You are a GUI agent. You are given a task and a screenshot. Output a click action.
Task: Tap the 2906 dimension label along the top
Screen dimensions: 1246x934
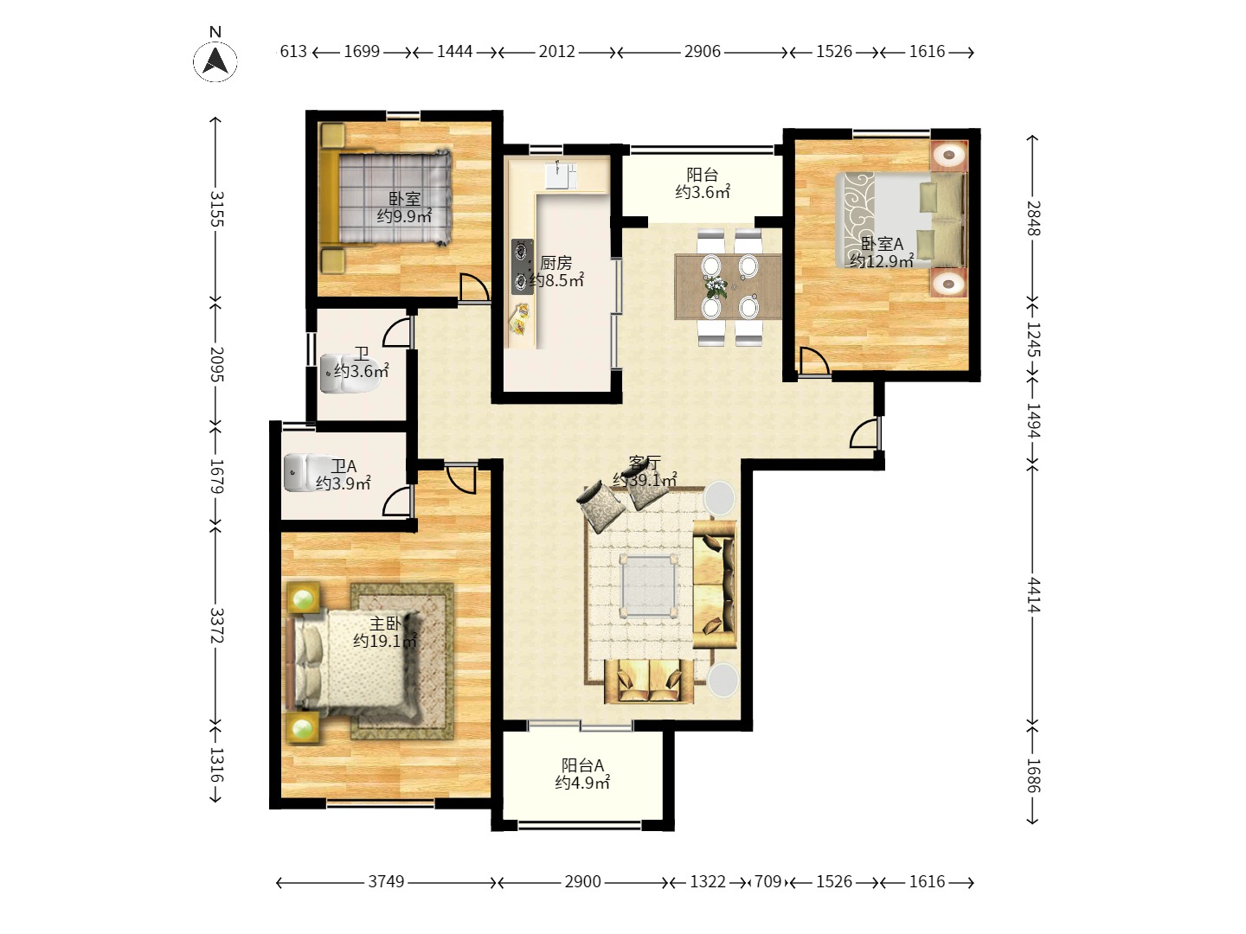click(x=703, y=52)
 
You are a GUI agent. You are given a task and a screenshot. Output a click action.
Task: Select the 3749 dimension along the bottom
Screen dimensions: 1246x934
click(x=386, y=882)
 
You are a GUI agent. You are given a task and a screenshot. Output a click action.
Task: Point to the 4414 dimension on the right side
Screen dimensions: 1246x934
click(x=1034, y=595)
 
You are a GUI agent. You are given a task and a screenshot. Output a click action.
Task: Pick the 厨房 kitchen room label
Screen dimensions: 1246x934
click(x=556, y=263)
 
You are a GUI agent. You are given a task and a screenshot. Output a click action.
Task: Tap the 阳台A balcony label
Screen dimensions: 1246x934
click(x=582, y=765)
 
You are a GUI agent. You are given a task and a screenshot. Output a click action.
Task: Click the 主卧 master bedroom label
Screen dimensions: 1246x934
click(x=385, y=624)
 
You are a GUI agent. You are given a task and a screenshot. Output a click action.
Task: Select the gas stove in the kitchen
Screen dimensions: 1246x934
click(x=523, y=266)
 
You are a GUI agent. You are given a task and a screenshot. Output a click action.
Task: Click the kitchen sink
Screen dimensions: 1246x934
click(x=561, y=176)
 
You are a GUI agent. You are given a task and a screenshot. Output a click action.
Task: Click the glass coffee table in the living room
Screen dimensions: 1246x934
click(x=649, y=585)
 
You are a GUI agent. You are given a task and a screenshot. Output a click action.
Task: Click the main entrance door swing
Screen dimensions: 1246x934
click(x=865, y=433)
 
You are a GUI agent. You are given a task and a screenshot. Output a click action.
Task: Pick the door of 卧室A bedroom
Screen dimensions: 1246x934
click(x=814, y=361)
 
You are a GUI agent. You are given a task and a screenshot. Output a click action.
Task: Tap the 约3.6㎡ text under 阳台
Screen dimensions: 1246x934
click(x=703, y=192)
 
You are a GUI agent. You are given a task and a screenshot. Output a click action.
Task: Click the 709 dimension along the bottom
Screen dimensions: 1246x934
click(x=768, y=882)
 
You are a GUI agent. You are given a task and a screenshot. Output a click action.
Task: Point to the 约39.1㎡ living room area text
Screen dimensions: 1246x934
click(x=645, y=480)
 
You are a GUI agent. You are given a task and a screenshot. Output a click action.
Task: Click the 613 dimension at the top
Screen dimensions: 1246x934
click(x=293, y=52)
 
